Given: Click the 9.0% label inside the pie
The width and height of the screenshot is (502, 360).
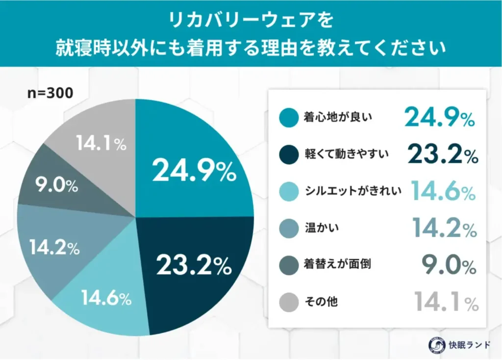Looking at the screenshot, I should (x=56, y=186).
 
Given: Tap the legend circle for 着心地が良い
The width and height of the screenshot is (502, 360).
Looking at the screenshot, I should (x=289, y=118).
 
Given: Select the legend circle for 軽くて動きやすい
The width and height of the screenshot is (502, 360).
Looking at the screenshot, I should (x=289, y=155).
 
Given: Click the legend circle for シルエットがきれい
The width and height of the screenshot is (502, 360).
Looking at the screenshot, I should (x=289, y=192).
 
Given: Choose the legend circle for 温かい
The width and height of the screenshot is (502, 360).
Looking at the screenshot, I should (x=289, y=229).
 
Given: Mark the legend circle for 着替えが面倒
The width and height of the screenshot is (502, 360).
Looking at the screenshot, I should (x=289, y=265).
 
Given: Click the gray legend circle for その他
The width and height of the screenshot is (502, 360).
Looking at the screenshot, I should (x=289, y=303).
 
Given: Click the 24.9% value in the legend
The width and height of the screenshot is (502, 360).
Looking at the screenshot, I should (x=439, y=118).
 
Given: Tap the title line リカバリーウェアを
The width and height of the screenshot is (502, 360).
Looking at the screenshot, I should (x=251, y=21).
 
